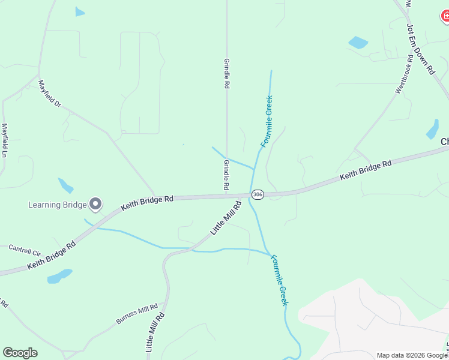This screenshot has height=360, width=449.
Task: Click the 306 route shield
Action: tap(258, 194)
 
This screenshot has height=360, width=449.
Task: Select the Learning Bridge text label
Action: tap(57, 205)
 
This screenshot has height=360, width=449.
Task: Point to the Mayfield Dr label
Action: tap(50, 94)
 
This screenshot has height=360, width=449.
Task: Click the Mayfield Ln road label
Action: tap(5, 140)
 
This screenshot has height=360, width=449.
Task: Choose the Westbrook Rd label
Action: tap(404, 74)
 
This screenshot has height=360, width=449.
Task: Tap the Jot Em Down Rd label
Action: tap(420, 49)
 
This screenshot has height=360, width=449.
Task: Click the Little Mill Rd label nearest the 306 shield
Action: tap(226, 218)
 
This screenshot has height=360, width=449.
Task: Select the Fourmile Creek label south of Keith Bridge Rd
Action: tap(280, 280)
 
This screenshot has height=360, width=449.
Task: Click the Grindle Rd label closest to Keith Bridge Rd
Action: tap(226, 175)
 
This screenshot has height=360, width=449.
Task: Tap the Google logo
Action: tap(20, 353)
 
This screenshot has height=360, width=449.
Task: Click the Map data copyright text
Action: tap(412, 355)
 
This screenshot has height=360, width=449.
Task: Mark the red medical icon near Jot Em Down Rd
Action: tap(445, 17)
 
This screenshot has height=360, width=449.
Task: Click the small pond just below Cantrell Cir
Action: tap(59, 276)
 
